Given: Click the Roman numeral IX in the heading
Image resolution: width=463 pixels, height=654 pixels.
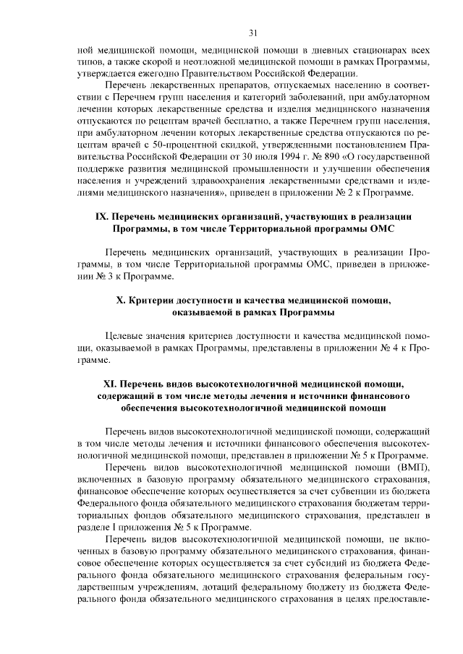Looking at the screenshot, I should pyautogui.click(x=102, y=216).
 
